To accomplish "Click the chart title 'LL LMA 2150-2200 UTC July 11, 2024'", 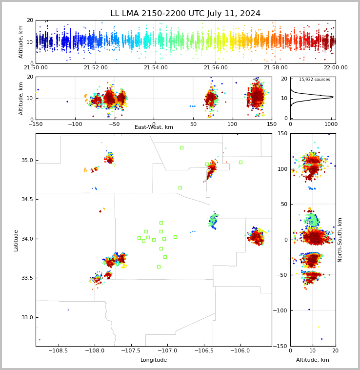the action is point(185,14).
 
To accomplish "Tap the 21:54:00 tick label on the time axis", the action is point(156,67).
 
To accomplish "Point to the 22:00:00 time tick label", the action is point(336,67).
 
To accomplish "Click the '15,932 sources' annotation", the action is point(315,80).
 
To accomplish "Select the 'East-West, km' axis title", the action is point(154,127).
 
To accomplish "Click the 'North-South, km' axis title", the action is point(340,240).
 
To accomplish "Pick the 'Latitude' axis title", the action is point(16,241).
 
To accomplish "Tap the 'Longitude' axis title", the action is point(154,360).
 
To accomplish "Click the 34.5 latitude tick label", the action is point(27,199).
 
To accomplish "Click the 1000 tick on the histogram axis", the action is point(331,124).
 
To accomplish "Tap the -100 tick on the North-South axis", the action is point(280,310).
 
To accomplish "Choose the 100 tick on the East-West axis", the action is point(233,124).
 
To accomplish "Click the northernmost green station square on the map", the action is point(181,148).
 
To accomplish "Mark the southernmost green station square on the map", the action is point(159,267).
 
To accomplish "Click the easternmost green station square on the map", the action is point(240,163).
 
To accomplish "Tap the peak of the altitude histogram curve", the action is point(333,97).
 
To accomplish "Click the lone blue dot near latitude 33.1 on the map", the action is point(68,310).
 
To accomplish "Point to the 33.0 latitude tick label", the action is point(27,317).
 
